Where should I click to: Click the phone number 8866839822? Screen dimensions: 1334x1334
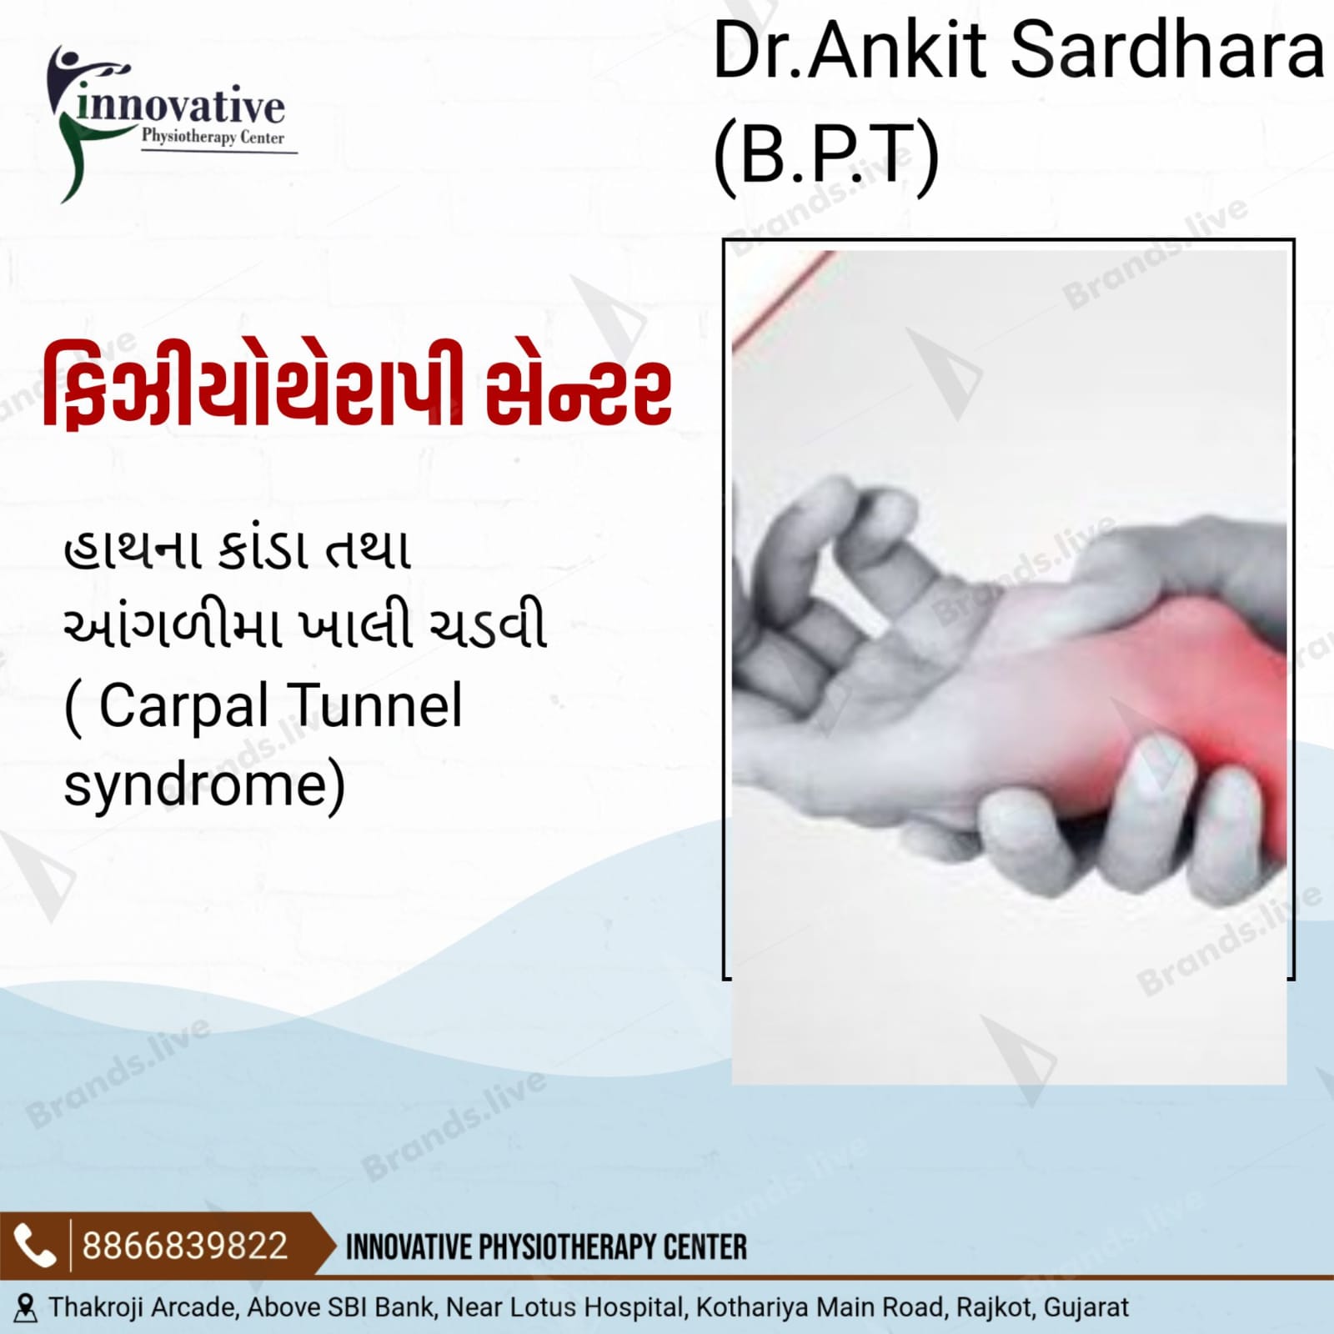(x=185, y=1246)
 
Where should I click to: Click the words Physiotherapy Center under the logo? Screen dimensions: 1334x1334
(x=213, y=137)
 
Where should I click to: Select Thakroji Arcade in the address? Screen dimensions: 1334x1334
(x=143, y=1307)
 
